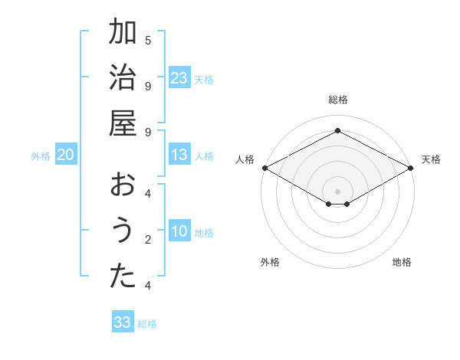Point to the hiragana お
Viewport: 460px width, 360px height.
(123, 185)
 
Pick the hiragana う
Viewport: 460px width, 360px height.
(123, 231)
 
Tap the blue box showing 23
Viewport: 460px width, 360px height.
(179, 78)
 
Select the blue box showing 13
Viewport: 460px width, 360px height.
(179, 155)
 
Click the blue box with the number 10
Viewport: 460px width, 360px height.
(179, 232)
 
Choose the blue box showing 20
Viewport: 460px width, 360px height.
(65, 155)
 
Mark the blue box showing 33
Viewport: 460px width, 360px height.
(123, 322)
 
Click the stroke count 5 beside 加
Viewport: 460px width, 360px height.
(148, 40)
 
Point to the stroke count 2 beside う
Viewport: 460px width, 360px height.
(148, 240)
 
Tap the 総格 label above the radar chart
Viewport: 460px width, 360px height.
(337, 100)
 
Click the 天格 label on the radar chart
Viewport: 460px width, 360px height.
(431, 159)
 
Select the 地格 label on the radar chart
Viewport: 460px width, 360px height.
(402, 262)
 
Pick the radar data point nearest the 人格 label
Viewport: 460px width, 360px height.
(264, 168)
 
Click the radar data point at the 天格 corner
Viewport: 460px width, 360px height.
(411, 168)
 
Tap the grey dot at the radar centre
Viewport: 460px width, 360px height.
(337, 191)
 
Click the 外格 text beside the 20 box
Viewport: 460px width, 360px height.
(41, 156)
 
